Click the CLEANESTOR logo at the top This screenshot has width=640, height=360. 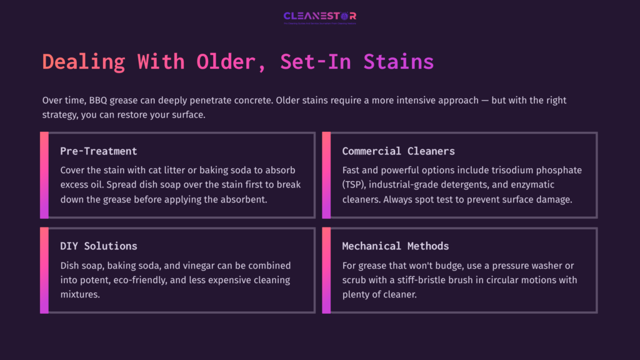coord(319,16)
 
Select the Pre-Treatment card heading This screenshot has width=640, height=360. coord(99,151)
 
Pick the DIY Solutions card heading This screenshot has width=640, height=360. coord(99,246)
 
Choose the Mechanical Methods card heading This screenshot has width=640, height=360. coord(396,246)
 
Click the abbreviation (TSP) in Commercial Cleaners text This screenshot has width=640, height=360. coord(356,184)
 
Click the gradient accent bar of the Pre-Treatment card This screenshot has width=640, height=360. coord(44,175)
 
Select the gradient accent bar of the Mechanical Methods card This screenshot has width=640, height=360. coord(326,270)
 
